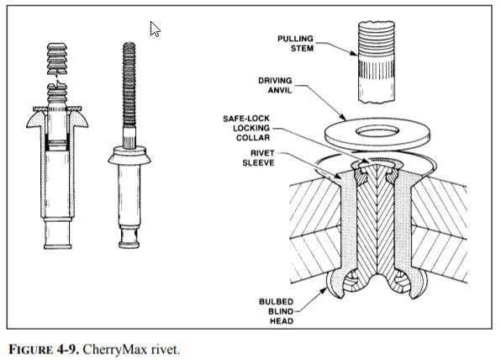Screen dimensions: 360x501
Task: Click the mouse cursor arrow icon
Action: [x=155, y=29]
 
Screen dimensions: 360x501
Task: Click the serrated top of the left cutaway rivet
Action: [x=54, y=59]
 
